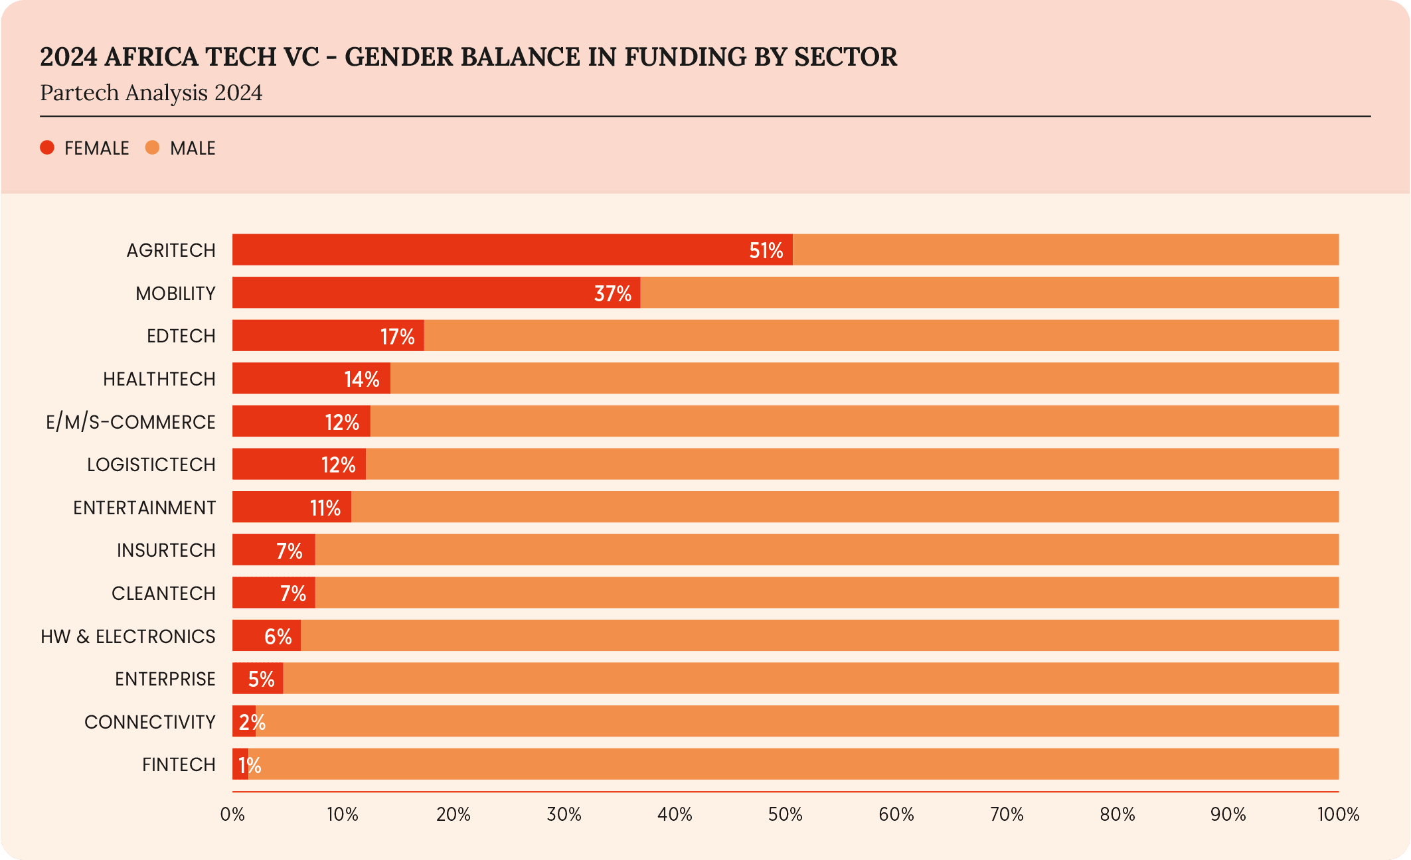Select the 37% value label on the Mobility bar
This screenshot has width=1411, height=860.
click(x=612, y=293)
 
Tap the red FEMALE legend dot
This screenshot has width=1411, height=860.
click(x=47, y=148)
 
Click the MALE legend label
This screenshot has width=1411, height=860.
click(x=193, y=149)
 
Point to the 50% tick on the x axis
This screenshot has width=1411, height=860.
click(x=786, y=814)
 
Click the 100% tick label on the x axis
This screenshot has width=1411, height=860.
click(x=1338, y=814)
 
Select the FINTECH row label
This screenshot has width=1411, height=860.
click(x=179, y=764)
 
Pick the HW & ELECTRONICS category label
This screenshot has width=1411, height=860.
click(x=128, y=636)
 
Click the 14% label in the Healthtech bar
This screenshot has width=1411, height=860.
click(x=362, y=379)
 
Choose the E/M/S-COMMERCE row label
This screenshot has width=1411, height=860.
click(x=131, y=422)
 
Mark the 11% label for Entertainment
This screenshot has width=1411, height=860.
click(x=325, y=508)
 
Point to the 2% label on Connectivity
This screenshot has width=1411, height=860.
click(x=252, y=722)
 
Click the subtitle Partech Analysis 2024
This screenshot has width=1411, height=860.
click(x=151, y=93)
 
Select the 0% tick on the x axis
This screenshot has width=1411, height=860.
click(x=232, y=814)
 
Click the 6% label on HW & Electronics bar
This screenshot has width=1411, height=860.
click(x=278, y=636)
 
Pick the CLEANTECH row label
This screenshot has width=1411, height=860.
click(x=163, y=593)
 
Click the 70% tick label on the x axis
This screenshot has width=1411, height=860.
click(x=1007, y=814)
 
